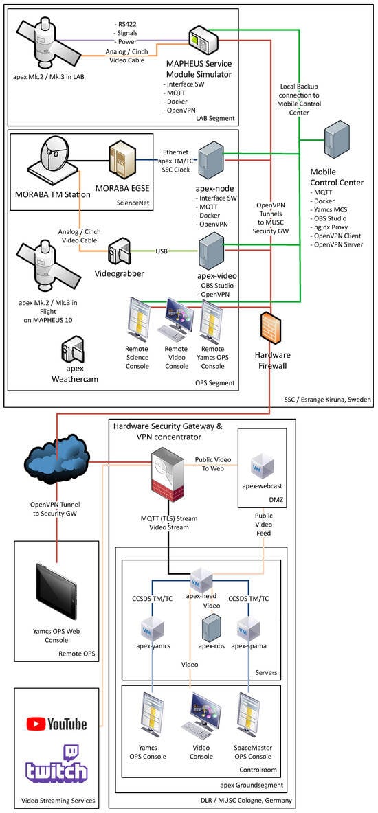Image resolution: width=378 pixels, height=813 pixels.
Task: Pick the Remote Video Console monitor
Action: coord(176,321)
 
